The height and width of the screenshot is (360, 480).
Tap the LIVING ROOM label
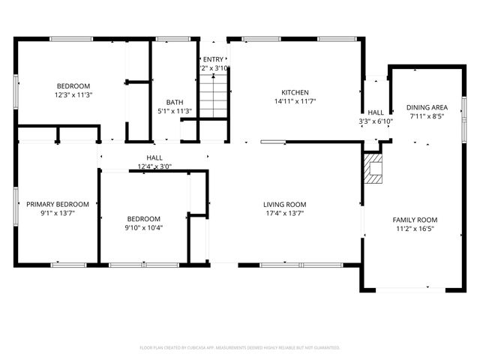pyautogui.click(x=284, y=204)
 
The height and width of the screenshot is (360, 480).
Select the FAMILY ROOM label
pyautogui.click(x=415, y=220)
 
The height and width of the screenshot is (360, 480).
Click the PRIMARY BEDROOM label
pyautogui.click(x=58, y=204)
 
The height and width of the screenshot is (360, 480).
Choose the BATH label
pyautogui.click(x=175, y=103)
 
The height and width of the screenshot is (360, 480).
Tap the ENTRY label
pyautogui.click(x=213, y=59)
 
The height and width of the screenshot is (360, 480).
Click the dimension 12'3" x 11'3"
pyautogui.click(x=73, y=95)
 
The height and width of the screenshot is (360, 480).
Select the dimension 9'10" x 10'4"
pyautogui.click(x=142, y=228)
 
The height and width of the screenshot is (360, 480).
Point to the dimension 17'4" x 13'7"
pyautogui.click(x=284, y=213)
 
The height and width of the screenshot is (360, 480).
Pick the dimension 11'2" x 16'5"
pyautogui.click(x=415, y=229)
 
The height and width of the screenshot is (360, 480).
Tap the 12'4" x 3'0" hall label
pyautogui.click(x=154, y=166)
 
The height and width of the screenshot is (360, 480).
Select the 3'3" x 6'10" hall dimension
pyautogui.click(x=376, y=121)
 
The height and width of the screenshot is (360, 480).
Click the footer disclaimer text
pyautogui.click(x=240, y=348)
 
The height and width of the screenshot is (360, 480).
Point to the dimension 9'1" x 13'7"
pyautogui.click(x=58, y=213)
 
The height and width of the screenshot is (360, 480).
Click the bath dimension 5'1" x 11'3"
pyautogui.click(x=175, y=112)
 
